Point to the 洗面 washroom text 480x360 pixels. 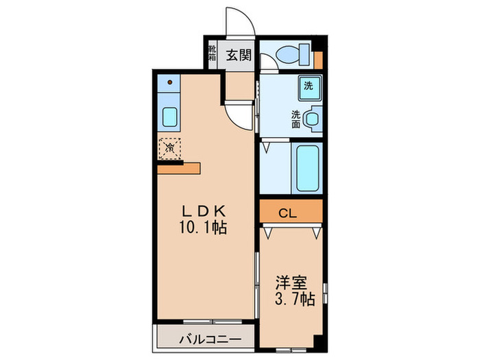point(296,119)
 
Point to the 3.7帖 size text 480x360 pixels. point(295,299)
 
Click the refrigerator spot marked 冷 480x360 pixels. point(169,147)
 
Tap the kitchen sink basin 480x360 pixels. point(169,117)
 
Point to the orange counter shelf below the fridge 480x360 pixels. point(178,169)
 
